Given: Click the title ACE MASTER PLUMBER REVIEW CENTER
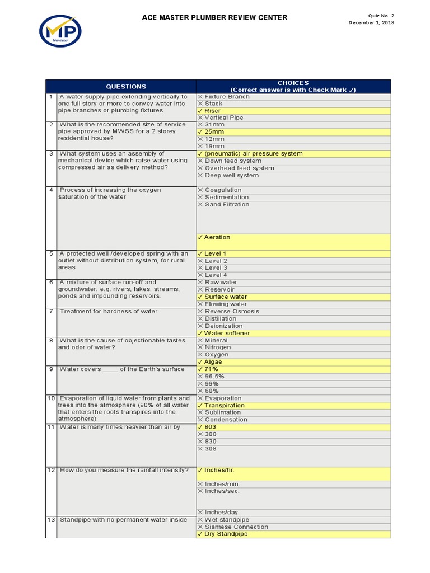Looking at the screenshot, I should (215, 18).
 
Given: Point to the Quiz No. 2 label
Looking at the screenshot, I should (381, 15).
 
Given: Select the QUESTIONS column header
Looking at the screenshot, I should (126, 87).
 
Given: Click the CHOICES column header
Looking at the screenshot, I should (293, 86).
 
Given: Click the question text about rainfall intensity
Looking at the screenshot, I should (124, 470).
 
